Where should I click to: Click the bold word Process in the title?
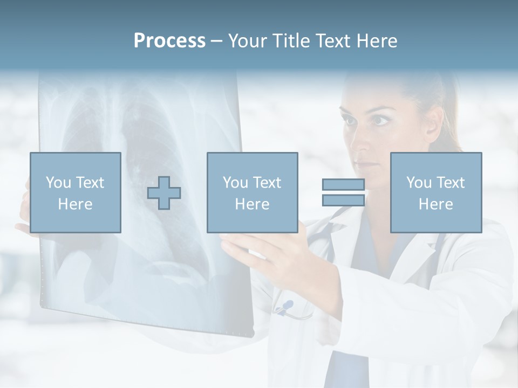(169, 41)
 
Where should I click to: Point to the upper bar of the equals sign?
(343, 185)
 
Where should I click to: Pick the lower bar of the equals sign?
(343, 200)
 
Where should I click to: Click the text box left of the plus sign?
(76, 192)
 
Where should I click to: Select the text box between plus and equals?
(252, 192)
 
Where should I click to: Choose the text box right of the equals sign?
(436, 192)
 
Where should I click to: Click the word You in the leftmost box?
(58, 183)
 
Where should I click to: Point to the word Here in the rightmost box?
(435, 204)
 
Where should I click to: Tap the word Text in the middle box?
(268, 183)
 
